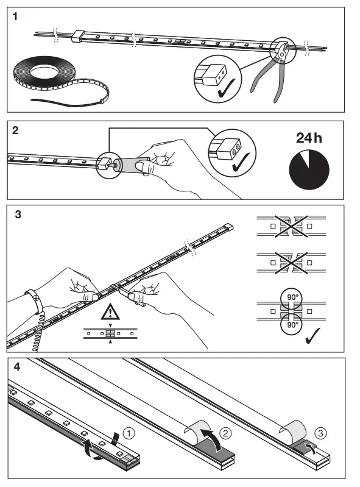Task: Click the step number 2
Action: click(16, 129)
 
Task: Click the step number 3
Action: click(16, 215)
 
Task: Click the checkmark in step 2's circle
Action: click(243, 163)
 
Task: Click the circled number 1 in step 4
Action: click(129, 433)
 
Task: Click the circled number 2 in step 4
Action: click(225, 433)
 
